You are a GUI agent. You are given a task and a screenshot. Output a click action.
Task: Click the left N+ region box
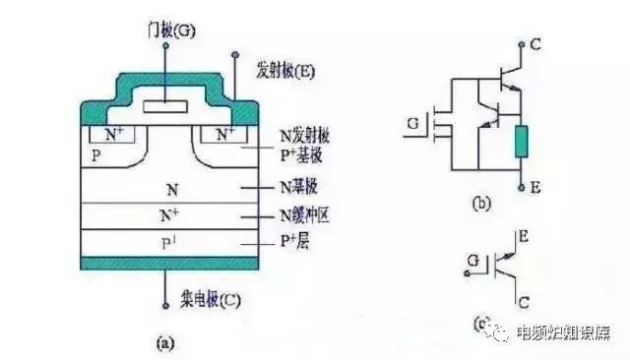[x=107, y=133]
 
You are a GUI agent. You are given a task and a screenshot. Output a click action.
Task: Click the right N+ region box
[x=225, y=133]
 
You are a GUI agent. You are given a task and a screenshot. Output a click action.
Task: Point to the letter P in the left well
[x=95, y=155]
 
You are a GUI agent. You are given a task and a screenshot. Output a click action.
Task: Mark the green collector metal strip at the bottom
[x=166, y=264]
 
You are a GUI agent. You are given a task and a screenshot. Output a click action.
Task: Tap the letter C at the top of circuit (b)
[x=535, y=44]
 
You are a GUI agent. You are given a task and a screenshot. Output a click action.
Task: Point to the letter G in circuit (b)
[x=411, y=125]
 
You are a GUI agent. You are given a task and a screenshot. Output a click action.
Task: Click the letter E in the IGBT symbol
[x=526, y=239]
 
